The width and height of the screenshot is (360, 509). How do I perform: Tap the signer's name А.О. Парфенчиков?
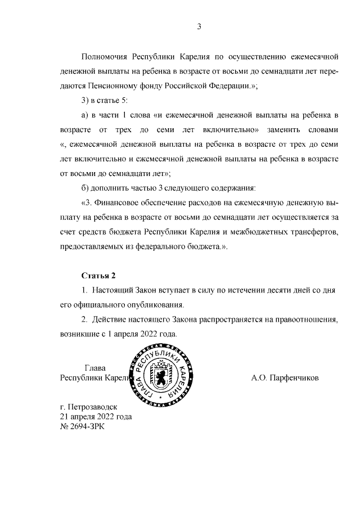285,378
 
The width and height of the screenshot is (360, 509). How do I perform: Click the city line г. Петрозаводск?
91,407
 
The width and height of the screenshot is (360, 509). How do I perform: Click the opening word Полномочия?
104,57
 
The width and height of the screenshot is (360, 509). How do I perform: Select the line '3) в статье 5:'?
105,100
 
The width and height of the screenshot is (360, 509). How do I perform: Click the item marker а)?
86,115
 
